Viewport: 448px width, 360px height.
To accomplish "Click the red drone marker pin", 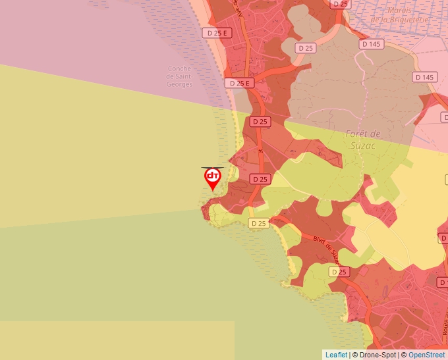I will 212,178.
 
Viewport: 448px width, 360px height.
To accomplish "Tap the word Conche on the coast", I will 179,68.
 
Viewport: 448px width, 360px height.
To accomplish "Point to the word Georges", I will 179,84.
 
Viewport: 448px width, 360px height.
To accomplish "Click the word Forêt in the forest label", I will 359,134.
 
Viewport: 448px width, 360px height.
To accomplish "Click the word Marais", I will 400,11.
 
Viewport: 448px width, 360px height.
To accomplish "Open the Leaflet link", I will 336,355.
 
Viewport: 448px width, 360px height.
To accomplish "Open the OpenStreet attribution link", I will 426,355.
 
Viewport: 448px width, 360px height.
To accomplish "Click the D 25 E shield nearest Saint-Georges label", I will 239,83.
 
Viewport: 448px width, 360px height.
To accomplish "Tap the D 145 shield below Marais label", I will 372,44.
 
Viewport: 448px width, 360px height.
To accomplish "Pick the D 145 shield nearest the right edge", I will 425,77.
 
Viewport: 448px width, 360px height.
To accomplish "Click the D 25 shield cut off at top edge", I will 340,4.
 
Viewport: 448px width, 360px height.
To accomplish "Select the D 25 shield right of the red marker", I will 260,179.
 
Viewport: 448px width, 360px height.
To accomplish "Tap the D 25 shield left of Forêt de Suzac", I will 260,122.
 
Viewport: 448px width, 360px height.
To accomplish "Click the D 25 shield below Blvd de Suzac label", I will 339,272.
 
